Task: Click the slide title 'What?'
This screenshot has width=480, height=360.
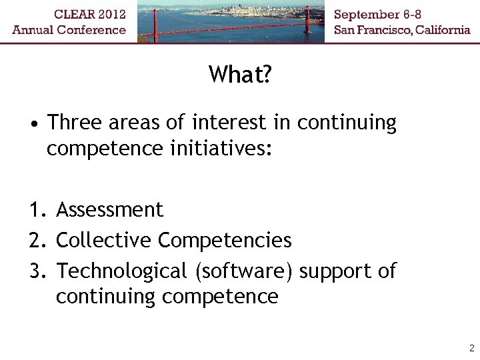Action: click(x=239, y=74)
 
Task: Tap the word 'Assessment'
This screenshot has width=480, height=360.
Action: click(x=109, y=210)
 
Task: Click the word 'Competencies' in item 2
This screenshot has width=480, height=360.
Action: click(x=225, y=241)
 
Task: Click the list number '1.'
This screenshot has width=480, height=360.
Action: click(x=37, y=211)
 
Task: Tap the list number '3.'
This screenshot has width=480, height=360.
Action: click(x=37, y=271)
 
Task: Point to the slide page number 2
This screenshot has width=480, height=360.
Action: click(x=471, y=348)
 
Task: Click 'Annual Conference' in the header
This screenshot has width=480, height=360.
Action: click(x=69, y=29)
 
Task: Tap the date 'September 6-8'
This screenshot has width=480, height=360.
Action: click(x=378, y=14)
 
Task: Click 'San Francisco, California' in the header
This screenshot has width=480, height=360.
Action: click(x=402, y=29)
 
